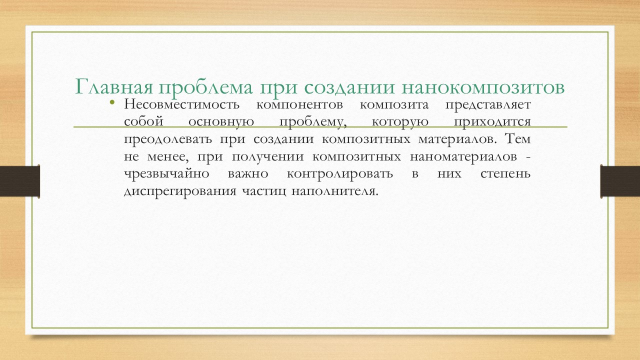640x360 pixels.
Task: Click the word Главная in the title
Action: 113,86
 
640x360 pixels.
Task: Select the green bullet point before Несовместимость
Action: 112,102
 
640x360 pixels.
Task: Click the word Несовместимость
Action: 181,104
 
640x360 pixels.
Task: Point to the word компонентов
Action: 299,105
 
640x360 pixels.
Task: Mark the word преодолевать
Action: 168,139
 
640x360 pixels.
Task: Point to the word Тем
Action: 517,139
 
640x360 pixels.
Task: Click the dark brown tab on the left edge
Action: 19,181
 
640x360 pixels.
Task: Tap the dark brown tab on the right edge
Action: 620,181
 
